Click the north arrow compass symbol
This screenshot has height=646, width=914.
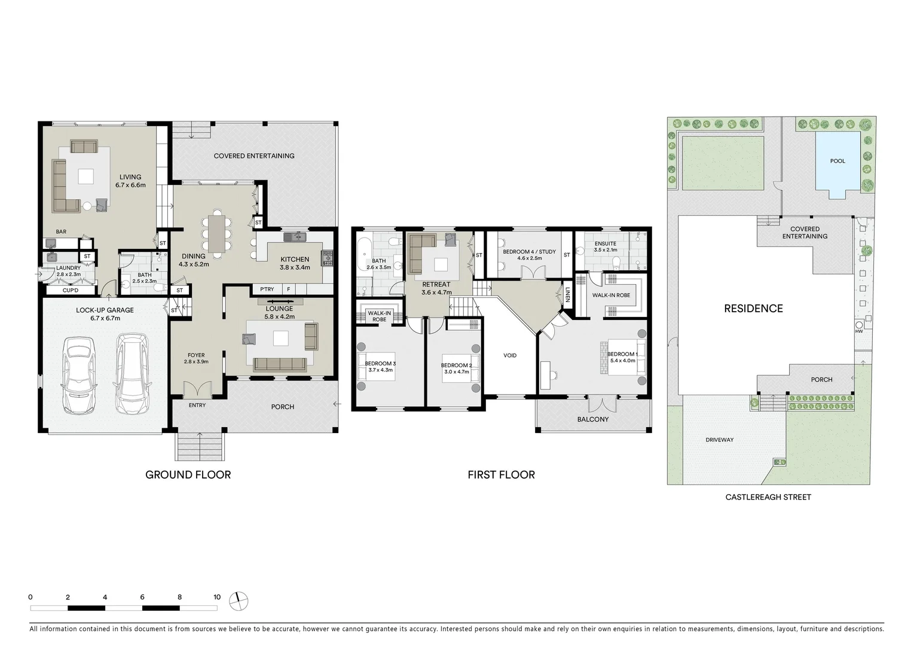tap(239, 601)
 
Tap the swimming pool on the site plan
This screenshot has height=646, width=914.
tap(837, 164)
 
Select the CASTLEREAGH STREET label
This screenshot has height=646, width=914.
tap(768, 497)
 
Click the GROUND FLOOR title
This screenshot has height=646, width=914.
tap(188, 475)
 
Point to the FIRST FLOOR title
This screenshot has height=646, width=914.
tap(501, 475)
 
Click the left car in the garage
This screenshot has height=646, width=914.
tap(78, 375)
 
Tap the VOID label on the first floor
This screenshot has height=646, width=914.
tap(510, 355)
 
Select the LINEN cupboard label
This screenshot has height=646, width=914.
tap(567, 294)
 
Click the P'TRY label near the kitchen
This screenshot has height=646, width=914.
tap(267, 290)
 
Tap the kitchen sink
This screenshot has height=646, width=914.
tap(295, 237)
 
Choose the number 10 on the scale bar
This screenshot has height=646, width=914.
tap(217, 597)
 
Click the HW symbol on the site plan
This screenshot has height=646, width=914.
tap(859, 331)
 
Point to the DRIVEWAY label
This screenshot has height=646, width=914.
tap(719, 440)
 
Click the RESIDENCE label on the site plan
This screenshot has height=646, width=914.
tap(753, 309)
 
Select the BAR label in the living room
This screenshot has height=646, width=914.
tap(61, 231)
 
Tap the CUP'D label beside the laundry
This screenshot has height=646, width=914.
tap(71, 291)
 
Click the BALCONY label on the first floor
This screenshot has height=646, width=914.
tap(592, 419)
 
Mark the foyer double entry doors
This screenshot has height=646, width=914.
tap(197, 389)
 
